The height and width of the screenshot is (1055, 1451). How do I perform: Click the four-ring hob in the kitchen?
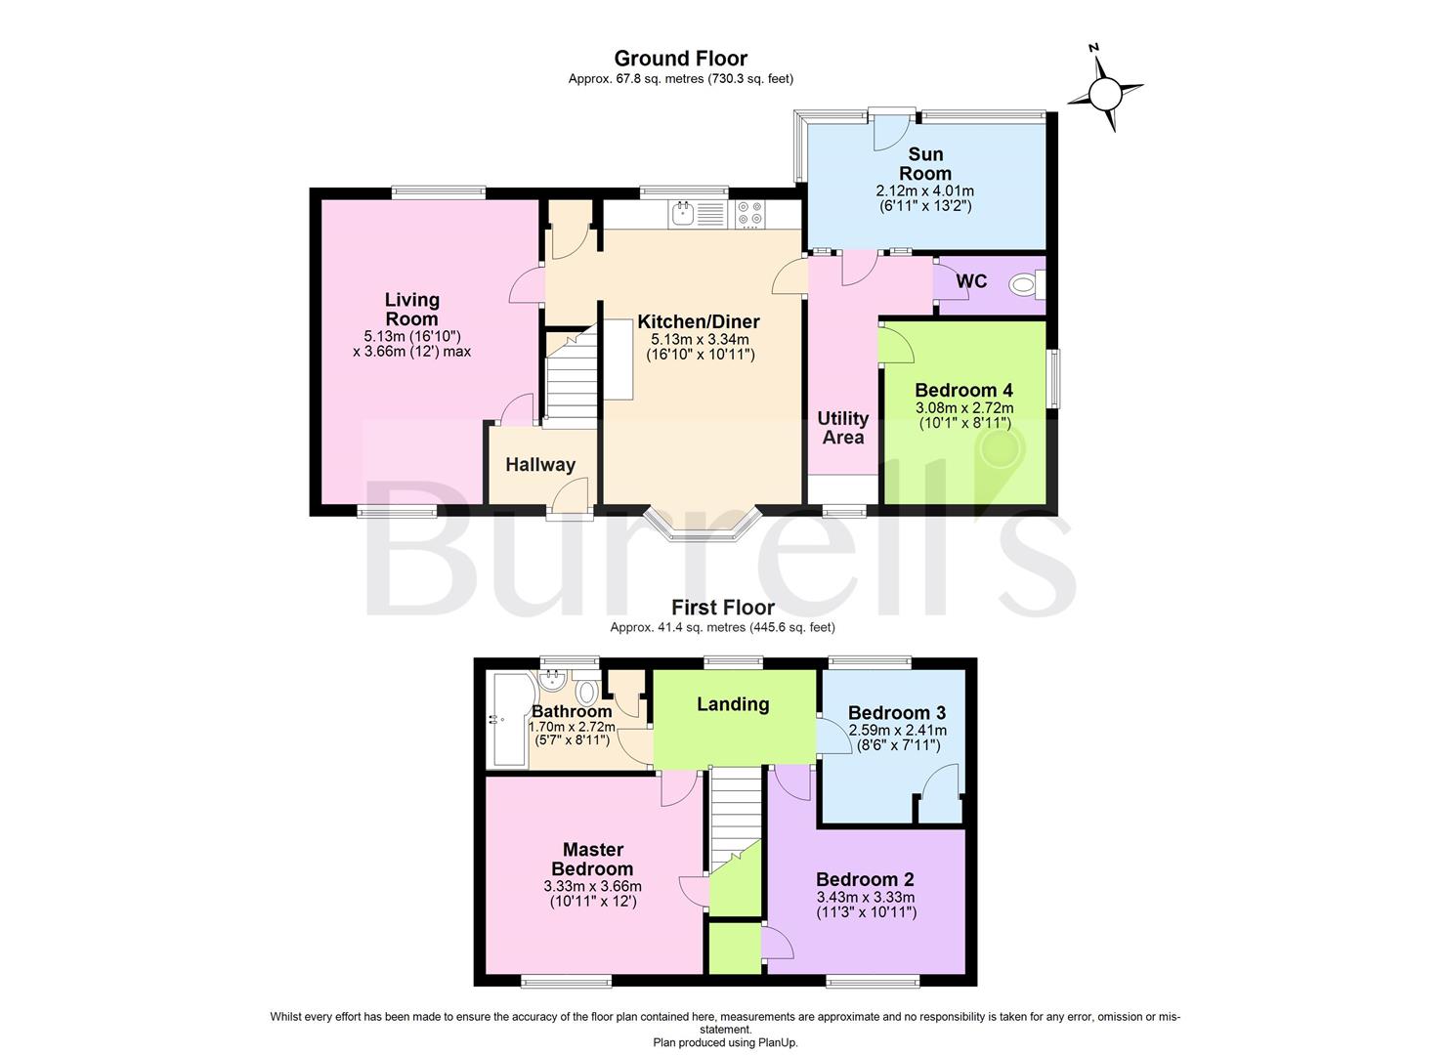750,214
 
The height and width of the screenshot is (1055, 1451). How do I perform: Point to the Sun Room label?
925,164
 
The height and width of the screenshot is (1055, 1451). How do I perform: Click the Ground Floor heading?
681,59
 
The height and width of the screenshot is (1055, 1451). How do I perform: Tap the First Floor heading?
723,608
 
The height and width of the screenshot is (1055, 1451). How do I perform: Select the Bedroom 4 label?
963,391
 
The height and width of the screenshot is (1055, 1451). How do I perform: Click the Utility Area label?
842,428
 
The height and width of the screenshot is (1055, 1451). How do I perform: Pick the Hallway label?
540,465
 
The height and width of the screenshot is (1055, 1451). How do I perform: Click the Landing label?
733,704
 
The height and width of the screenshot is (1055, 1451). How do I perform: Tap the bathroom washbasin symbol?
553,681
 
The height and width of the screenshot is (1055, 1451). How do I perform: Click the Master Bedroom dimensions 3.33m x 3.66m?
593,886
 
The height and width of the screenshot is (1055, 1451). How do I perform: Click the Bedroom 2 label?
865,879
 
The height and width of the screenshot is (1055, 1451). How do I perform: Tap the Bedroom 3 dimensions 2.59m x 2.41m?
898,731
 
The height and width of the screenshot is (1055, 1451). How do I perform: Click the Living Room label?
412,310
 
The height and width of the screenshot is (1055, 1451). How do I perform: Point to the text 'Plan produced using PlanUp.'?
725,1042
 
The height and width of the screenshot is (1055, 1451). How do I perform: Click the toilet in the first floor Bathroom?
586,689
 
